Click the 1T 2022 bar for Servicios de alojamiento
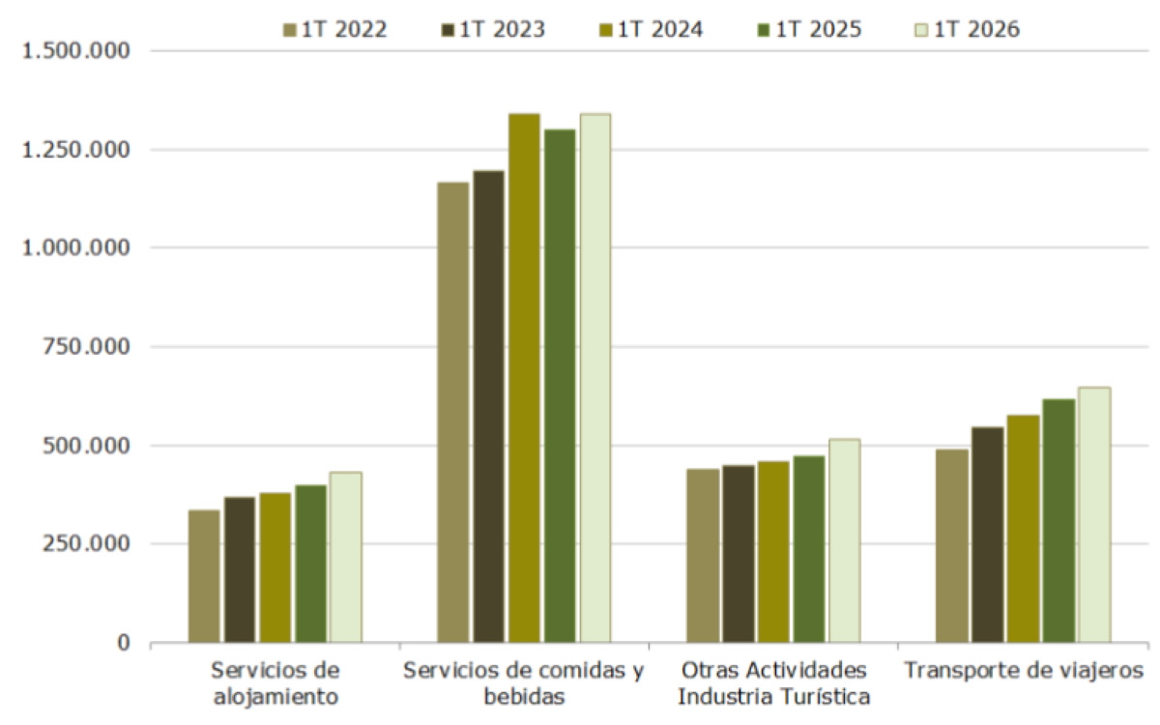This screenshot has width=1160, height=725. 204,576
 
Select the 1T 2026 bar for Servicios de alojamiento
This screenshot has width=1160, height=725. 346,557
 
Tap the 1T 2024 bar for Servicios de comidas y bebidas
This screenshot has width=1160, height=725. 524,378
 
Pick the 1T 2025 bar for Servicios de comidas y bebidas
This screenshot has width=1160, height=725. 560,386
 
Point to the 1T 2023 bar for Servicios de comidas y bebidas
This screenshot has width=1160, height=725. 488,407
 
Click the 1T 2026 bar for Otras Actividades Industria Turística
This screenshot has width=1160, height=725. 845,540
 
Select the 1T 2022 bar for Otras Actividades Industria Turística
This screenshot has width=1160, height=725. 704,556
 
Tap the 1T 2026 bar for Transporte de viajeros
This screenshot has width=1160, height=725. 1094,514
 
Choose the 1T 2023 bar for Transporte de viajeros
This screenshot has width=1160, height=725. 988,535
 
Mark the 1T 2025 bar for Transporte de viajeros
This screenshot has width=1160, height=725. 1059,521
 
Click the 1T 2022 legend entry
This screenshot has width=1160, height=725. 335,30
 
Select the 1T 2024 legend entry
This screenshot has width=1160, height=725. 651,30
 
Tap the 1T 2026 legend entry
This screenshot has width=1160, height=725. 968,30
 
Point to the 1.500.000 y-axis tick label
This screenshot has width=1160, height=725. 75,50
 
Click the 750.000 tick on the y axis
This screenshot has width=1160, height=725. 86,346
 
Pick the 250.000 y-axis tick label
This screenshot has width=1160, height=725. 86,543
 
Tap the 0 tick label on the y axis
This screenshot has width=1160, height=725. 124,642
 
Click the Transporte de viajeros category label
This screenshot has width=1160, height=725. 1024,671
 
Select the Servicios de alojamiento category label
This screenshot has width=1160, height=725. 275,683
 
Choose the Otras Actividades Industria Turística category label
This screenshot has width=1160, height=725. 774,683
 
